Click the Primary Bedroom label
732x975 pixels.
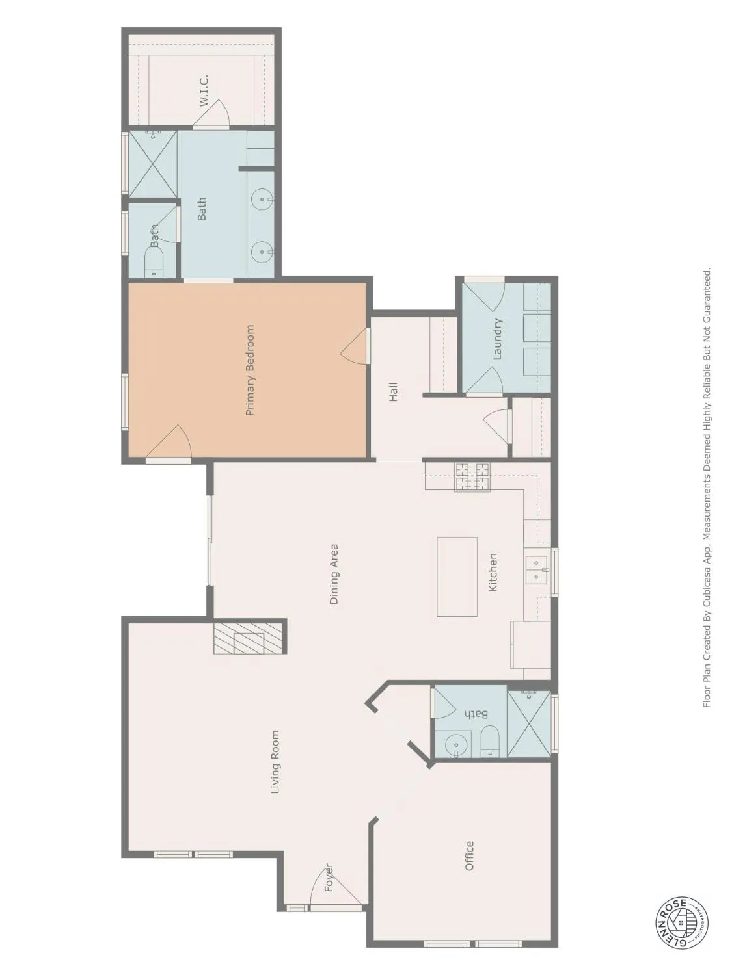[251, 370]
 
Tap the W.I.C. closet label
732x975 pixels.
[204, 91]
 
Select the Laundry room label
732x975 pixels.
[498, 339]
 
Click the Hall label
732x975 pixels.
[393, 392]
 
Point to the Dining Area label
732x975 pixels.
[334, 575]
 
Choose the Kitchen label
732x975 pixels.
[493, 572]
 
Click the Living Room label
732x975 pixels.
[275, 762]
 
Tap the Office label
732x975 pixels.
[469, 855]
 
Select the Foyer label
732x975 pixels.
[329, 877]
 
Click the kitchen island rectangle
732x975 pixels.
[457, 577]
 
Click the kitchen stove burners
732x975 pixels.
[472, 477]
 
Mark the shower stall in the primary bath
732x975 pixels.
[153, 163]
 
